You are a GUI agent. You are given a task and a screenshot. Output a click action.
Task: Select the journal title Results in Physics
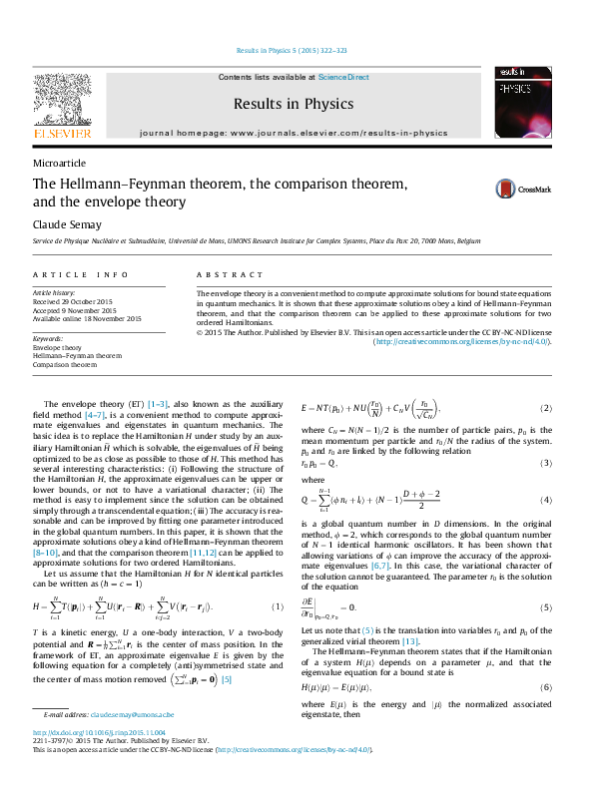pyautogui.click(x=294, y=104)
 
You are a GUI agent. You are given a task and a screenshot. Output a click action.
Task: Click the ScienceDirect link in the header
pyautogui.click(x=343, y=77)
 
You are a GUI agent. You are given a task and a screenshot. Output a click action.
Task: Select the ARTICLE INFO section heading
pyautogui.click(x=80, y=274)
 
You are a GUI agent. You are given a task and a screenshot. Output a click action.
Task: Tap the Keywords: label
pyautogui.click(x=49, y=339)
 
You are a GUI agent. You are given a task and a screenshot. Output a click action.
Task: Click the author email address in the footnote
pyautogui.click(x=132, y=715)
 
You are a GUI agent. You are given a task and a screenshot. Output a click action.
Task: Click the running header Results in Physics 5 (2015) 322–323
pyautogui.click(x=292, y=50)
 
